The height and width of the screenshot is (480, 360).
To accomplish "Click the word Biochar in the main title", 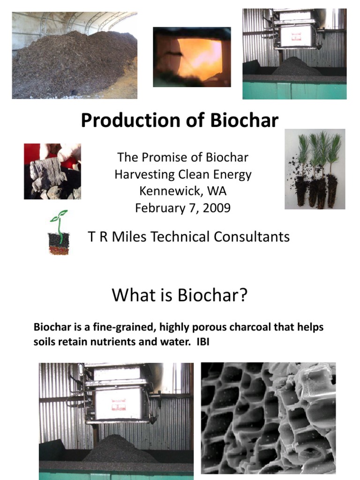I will click(244, 120).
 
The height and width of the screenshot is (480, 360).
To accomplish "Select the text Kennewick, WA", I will click(183, 191).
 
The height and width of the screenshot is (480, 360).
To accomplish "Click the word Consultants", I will click(251, 237).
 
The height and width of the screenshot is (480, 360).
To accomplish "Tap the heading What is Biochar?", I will click(179, 296).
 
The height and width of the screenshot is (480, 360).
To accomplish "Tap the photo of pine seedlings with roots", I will click(315, 169).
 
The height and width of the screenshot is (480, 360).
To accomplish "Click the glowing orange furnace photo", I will click(192, 57).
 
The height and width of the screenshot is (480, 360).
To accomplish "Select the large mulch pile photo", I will click(75, 56).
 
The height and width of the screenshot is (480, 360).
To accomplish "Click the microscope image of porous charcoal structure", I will click(269, 418).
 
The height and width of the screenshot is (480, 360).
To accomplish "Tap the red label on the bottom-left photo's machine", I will click(119, 403).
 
